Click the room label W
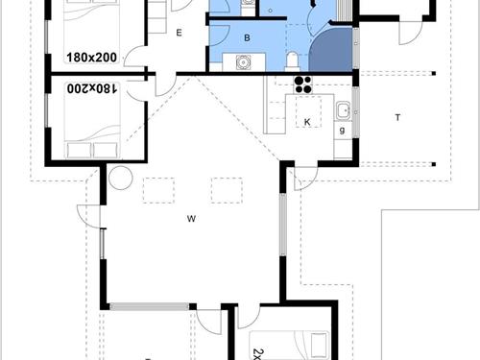tap(192, 220)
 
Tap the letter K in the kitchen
tap(306, 123)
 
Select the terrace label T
tap(396, 117)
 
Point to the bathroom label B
tap(248, 38)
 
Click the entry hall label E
tap(179, 33)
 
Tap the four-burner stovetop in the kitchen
tap(305, 83)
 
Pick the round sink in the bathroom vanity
tap(243, 63)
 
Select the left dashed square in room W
tap(156, 191)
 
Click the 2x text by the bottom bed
tap(257, 351)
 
